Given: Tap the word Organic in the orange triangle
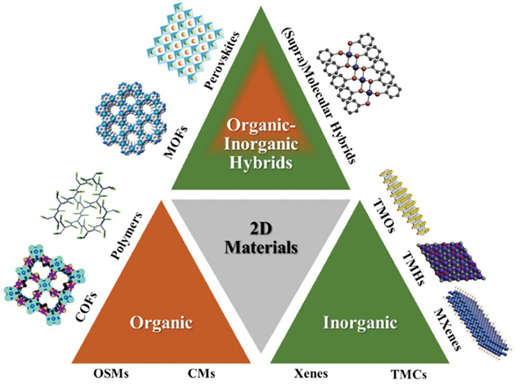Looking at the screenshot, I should click(161, 324).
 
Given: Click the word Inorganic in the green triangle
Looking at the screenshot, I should click(360, 324).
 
